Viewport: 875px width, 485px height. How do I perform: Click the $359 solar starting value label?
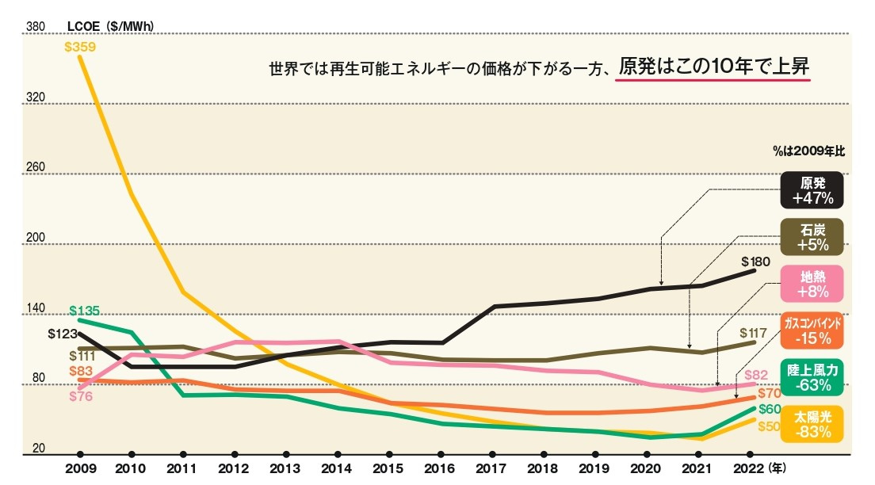point(81,46)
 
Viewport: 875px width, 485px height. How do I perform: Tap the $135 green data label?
point(84,310)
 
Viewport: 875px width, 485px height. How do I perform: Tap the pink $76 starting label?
point(80,396)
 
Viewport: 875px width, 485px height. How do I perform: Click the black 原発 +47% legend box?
point(812,190)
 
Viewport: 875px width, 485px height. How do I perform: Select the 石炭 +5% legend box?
point(812,237)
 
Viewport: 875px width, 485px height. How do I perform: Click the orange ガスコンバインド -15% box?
point(812,330)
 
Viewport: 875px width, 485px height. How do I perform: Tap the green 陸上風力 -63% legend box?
point(812,377)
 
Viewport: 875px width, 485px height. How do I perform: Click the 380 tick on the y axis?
point(35,26)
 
